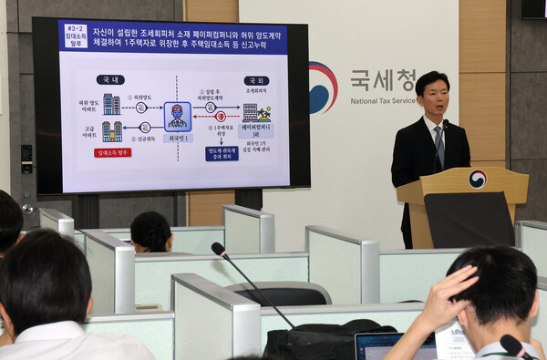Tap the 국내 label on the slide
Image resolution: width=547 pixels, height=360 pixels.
[x=109, y=80]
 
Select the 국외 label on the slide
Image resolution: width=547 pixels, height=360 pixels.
[x=256, y=80]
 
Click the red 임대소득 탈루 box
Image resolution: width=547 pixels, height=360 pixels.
[x=112, y=152]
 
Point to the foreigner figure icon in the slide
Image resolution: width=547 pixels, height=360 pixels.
[x=177, y=116]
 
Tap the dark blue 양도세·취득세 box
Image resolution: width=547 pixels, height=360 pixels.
[x=222, y=153]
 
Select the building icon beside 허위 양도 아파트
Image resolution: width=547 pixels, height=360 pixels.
[x=111, y=103]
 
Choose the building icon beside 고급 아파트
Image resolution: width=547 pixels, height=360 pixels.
[x=111, y=131]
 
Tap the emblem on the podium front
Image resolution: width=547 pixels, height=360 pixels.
[x=477, y=180]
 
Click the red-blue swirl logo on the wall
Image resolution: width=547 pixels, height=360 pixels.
[x=322, y=87]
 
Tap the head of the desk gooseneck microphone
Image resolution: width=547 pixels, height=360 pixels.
[x=219, y=249]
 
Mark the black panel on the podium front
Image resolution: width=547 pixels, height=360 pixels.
[x=470, y=219]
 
